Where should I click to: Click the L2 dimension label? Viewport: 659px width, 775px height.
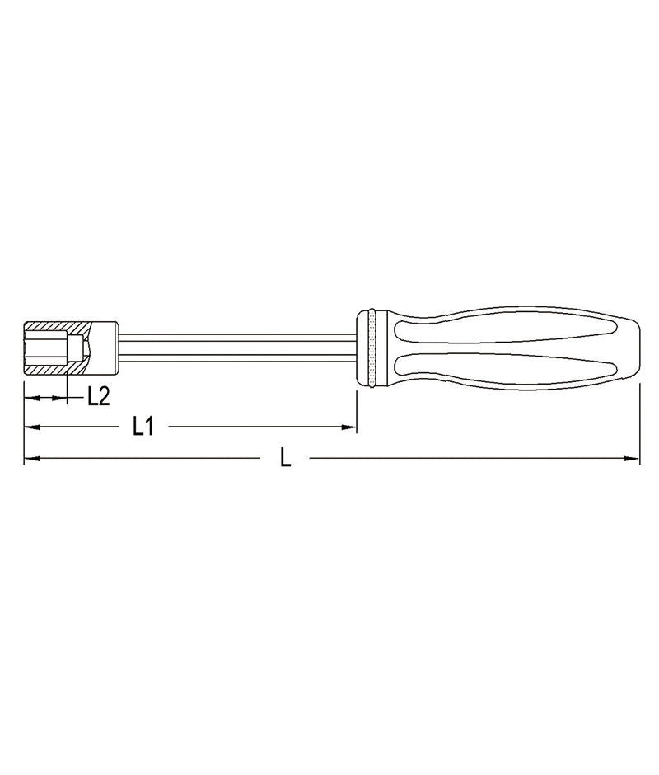coord(99,396)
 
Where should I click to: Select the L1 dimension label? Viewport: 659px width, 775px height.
coord(143,427)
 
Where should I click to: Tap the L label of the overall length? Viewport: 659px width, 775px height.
coord(285,458)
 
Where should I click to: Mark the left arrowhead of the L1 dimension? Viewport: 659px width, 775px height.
coord(30,427)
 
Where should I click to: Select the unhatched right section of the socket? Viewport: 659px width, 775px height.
coord(107,348)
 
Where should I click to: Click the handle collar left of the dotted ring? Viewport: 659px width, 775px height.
coord(362,348)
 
